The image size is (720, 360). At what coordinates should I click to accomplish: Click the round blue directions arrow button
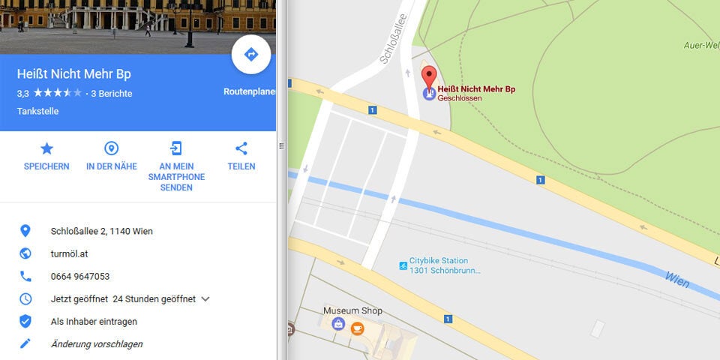click(x=251, y=55)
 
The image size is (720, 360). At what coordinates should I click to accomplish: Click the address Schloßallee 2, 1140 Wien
click(x=101, y=231)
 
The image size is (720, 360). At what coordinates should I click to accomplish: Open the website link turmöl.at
click(x=70, y=253)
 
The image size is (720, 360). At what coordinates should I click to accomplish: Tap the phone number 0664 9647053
click(x=80, y=276)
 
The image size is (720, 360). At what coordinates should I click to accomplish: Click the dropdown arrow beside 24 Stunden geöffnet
click(x=205, y=298)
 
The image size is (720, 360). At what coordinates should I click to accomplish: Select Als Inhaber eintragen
click(x=94, y=321)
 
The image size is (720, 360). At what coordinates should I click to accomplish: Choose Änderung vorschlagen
click(x=96, y=343)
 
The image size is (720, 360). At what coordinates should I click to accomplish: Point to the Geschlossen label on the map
click(x=460, y=98)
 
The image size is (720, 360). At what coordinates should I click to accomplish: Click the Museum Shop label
click(x=352, y=310)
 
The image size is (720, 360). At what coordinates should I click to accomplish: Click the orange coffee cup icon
click(x=357, y=328)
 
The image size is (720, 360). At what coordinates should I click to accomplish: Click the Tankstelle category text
click(x=37, y=111)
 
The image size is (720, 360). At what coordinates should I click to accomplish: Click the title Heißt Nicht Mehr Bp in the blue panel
click(x=73, y=75)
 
